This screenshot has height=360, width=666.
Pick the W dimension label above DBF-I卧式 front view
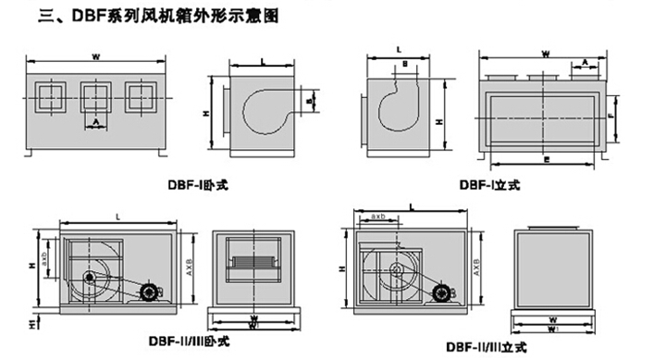click(x=95, y=57)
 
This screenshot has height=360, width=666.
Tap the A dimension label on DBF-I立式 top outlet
click(x=585, y=61)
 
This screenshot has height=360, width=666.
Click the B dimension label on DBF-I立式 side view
click(x=403, y=63)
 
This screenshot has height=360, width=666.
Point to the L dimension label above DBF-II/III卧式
click(x=118, y=216)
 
